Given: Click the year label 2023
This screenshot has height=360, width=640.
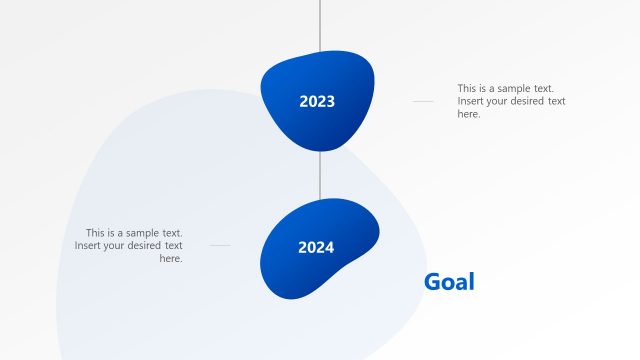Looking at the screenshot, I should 317,101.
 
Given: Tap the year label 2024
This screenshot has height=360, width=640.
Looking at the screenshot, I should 316,247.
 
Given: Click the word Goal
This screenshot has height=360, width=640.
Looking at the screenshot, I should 449,282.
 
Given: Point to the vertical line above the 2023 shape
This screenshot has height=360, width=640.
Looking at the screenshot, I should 320,24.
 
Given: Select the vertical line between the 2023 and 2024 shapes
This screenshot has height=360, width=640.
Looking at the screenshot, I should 320,175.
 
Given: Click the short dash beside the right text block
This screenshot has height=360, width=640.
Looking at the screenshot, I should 423,101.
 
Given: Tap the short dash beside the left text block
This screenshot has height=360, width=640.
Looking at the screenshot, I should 220,245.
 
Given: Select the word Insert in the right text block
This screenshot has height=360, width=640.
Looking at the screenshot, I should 472,101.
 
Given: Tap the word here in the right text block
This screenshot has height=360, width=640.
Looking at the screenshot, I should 469,114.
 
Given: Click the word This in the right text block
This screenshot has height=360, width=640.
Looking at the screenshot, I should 468,88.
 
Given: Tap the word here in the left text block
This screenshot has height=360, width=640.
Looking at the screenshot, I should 171,258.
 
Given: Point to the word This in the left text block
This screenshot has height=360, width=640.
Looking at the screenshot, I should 96,232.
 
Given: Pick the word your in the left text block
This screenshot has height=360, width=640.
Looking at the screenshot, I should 121,245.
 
